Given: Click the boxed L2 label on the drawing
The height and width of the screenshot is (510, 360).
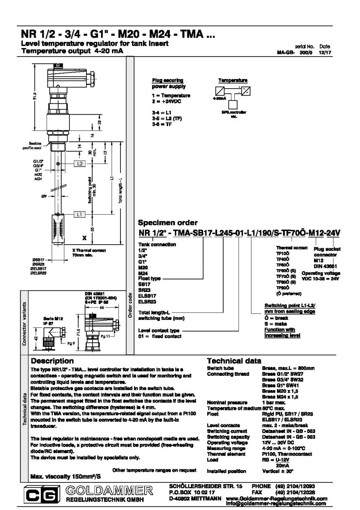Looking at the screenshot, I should point(80,164).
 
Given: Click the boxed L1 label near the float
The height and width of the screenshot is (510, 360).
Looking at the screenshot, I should point(80,214).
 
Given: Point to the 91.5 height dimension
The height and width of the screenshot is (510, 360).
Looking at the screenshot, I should point(35,96).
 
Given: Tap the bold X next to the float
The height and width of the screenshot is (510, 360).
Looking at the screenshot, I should point(84,238).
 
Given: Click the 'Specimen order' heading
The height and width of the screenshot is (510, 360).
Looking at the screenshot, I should point(168,222).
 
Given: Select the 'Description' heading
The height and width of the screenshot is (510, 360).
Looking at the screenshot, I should point(52,361).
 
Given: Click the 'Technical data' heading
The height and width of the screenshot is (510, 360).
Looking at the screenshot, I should point(234,361).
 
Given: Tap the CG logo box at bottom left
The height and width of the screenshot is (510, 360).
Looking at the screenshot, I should point(42,495).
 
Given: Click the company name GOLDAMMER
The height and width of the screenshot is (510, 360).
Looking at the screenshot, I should point(109,490).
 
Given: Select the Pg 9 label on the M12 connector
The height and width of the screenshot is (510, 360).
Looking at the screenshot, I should point(71,343).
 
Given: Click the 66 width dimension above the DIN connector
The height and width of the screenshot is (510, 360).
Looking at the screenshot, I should point(101,307).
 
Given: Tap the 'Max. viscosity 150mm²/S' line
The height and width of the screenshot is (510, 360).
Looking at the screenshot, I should point(65,477).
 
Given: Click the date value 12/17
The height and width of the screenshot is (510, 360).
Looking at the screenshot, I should point(325,53).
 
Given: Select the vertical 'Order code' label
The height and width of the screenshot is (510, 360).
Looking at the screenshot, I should point(130,305).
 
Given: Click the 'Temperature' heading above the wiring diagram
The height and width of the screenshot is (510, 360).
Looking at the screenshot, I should point(233,80).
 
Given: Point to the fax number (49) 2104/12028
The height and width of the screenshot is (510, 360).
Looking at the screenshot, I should point(295,492).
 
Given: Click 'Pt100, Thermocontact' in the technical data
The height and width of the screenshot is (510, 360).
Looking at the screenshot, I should point(287,454).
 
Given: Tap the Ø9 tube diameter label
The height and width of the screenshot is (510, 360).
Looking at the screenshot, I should point(44,197).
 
